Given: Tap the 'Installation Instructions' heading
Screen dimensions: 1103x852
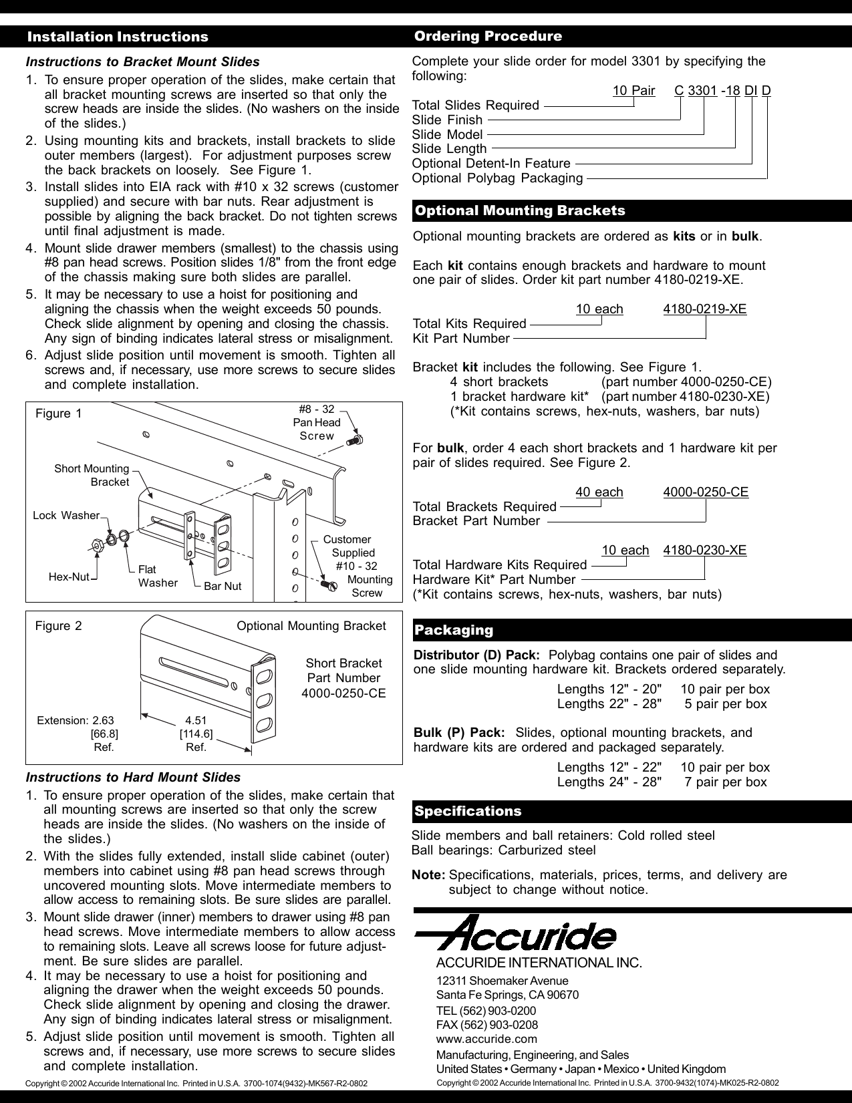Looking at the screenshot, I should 118,37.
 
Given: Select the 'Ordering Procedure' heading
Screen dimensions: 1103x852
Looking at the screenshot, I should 488,36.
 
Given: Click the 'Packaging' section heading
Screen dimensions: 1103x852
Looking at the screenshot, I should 454,630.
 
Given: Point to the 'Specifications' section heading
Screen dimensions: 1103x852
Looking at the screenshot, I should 468,811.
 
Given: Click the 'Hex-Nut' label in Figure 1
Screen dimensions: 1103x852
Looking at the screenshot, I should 69,577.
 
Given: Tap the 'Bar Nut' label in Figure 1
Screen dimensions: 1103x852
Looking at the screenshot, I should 223,586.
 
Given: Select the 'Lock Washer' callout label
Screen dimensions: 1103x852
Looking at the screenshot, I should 65,515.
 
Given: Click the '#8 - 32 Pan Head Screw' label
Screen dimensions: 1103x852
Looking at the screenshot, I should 317,422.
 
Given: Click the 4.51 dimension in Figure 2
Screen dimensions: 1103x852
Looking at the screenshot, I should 196,720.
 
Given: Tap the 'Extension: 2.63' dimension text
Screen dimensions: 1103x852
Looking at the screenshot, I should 76,720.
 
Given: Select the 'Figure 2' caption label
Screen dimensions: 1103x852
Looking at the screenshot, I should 59,626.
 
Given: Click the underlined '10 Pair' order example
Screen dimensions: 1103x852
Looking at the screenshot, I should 633,90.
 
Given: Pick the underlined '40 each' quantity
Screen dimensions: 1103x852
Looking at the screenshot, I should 599,492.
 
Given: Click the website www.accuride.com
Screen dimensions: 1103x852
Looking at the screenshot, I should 486,1039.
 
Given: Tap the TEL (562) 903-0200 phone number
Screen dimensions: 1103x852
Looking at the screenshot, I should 486,1011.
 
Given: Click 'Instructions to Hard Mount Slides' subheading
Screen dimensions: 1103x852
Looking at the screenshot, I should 133,778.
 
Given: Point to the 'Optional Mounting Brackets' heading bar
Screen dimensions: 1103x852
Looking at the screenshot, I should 520,211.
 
